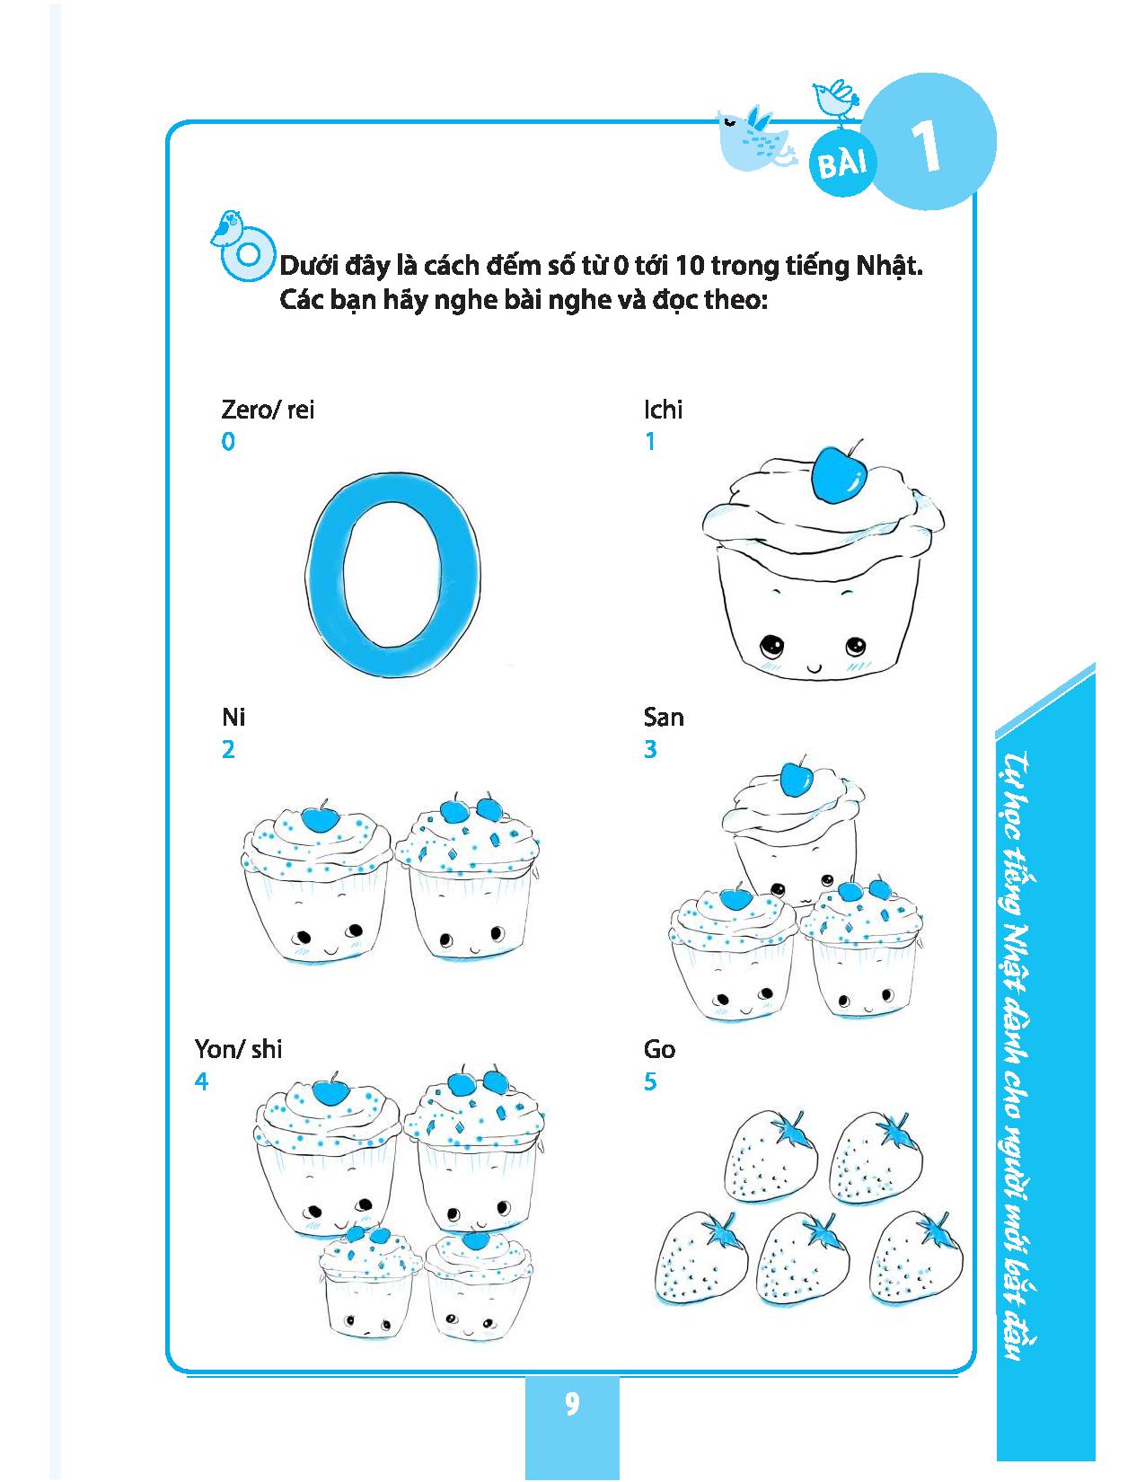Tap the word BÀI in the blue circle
[x=842, y=163]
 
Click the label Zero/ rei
[x=268, y=410]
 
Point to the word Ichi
[x=663, y=410]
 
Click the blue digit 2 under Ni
[x=228, y=749]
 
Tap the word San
[x=664, y=717]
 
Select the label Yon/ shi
[x=238, y=1049]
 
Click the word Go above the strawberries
[x=659, y=1049]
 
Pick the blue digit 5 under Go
[x=650, y=1081]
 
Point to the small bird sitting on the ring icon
[x=226, y=227]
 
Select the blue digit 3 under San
[x=650, y=749]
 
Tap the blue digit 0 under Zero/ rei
[x=228, y=441]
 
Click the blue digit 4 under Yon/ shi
[x=201, y=1081]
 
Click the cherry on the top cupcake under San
[x=793, y=778]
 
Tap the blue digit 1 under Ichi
[x=650, y=441]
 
